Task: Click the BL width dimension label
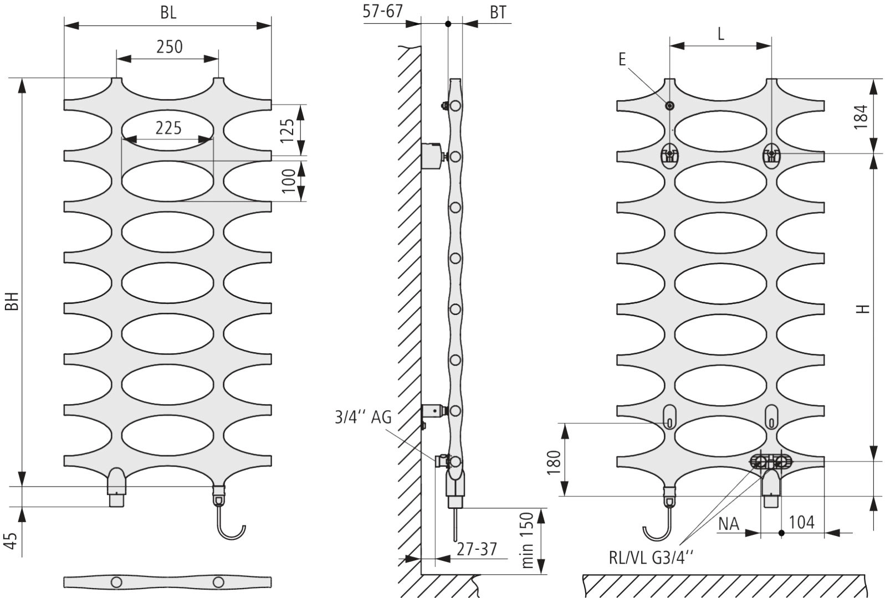pos(168,13)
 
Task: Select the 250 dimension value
pos(170,47)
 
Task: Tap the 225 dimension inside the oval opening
pos(168,128)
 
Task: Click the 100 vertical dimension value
pos(289,181)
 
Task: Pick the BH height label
pos(13,301)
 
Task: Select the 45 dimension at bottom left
pos(12,540)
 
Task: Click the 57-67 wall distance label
pos(382,11)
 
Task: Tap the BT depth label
pos(498,13)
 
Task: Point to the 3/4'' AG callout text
pos(363,417)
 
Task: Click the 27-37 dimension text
pos(477,549)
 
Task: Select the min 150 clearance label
pos(528,540)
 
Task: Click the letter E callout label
pos(622,60)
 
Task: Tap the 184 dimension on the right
pos(861,117)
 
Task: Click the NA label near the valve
pos(729,524)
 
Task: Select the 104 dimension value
pos(802,523)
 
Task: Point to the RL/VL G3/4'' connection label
pos(651,558)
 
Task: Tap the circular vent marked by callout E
pos(669,106)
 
